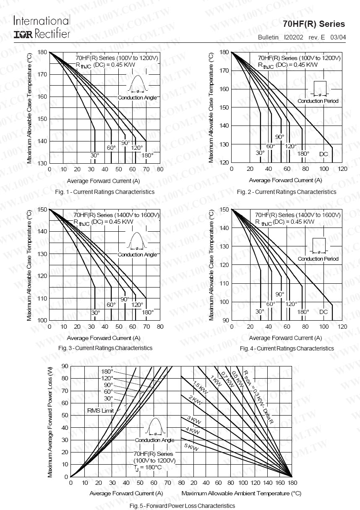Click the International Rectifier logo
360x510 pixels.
tap(42, 27)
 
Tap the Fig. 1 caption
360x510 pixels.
tap(104, 192)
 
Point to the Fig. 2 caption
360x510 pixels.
tap(286, 192)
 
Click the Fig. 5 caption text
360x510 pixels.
tap(182, 505)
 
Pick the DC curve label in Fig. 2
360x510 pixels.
tap(323, 154)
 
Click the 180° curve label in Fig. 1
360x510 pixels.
tap(147, 155)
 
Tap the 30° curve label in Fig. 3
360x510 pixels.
tap(96, 313)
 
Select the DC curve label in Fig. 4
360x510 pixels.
tap(323, 312)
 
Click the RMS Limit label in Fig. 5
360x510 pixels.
tap(100, 411)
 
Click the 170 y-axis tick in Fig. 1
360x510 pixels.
tap(42, 74)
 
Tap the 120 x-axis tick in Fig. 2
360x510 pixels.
tap(342, 169)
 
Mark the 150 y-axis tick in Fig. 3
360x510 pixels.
tap(42, 209)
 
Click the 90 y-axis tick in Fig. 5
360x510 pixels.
tap(64, 366)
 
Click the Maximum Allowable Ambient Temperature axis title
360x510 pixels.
tap(241, 493)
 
